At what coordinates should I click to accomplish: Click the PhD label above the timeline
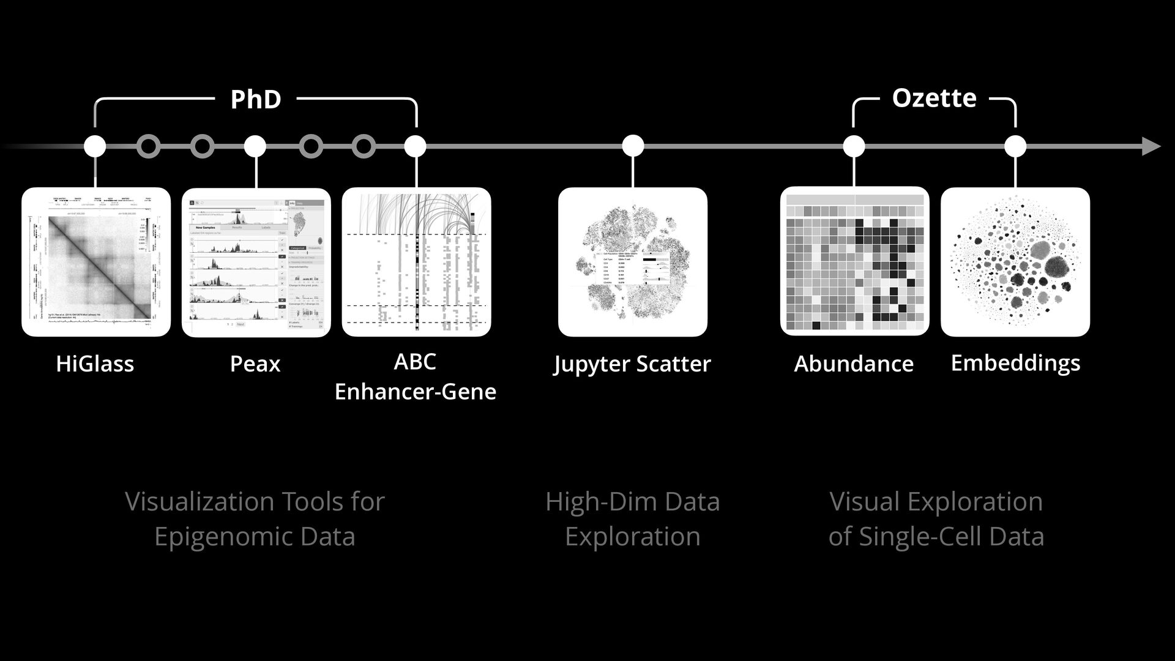tap(256, 99)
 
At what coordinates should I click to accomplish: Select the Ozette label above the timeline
tap(934, 98)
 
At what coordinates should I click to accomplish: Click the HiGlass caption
tap(95, 364)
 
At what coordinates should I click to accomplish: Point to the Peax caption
tap(255, 364)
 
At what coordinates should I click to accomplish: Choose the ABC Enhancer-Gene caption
tap(416, 376)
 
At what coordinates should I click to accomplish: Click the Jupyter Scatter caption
tap(632, 364)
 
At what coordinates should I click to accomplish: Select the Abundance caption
tap(854, 364)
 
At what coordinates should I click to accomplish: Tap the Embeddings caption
tap(1015, 363)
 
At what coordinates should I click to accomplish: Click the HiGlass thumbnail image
tap(96, 262)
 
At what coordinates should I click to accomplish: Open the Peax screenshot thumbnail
tap(256, 262)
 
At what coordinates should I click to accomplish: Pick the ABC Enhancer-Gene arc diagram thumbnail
tap(416, 262)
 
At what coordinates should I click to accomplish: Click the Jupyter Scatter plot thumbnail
tap(633, 262)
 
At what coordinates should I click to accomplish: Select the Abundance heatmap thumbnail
tap(854, 261)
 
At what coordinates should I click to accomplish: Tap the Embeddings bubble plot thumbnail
tap(1015, 262)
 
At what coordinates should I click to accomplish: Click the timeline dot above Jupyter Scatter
tap(633, 146)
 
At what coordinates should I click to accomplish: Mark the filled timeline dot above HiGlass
tap(95, 146)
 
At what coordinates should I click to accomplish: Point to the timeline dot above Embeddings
tap(1015, 146)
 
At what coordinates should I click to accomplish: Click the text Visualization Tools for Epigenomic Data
tap(255, 519)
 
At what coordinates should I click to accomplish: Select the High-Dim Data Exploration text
tap(632, 519)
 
